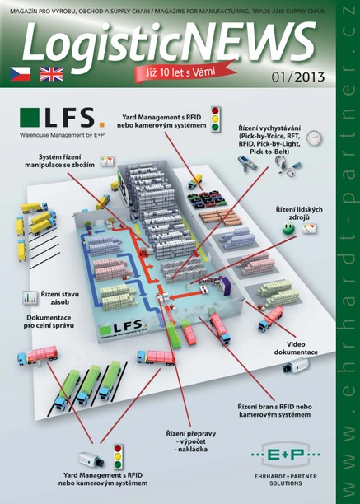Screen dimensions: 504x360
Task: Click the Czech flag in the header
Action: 20,73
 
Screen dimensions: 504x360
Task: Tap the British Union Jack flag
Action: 51,73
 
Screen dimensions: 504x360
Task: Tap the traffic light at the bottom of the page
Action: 118,456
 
